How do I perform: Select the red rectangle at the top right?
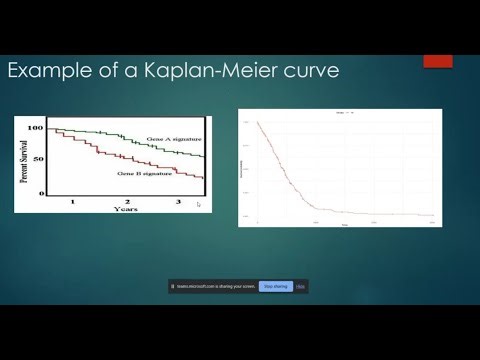point(438,61)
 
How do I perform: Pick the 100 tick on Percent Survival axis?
point(36,129)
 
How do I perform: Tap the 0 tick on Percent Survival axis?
point(42,192)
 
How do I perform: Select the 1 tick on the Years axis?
point(72,202)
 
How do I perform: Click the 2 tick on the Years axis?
point(125,202)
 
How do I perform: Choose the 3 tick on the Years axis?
point(177,202)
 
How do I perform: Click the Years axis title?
point(126,210)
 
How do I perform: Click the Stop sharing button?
point(275,286)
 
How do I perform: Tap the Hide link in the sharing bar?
point(300,286)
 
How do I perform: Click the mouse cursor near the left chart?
point(198,204)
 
